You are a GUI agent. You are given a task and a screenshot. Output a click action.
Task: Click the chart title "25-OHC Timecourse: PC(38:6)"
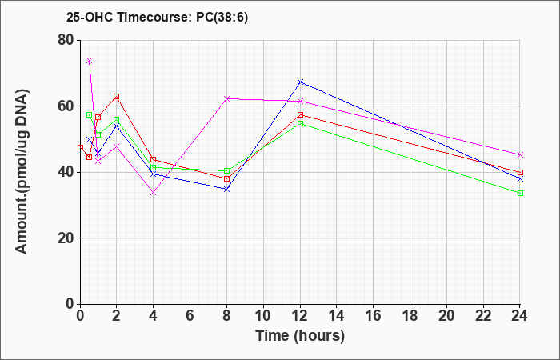tap(157, 17)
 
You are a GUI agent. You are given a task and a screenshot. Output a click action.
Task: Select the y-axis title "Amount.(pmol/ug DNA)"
tap(22, 172)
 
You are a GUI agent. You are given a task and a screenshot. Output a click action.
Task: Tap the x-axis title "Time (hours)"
tap(300, 336)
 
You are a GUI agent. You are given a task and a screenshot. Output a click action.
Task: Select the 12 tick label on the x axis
tap(300, 316)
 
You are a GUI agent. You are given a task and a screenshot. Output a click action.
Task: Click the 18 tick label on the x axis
tap(410, 316)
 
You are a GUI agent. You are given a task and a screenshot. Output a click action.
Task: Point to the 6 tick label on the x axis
tap(190, 316)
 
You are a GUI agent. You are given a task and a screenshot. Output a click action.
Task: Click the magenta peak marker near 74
tap(90, 60)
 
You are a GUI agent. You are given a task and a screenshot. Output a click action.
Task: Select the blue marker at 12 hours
tap(300, 82)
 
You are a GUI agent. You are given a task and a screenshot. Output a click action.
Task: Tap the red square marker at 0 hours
tap(80, 147)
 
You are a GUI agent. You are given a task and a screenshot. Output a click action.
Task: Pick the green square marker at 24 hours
tap(520, 194)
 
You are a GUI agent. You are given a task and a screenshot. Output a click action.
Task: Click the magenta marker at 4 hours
tap(154, 193)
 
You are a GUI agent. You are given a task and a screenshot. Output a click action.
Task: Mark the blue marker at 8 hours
tap(226, 189)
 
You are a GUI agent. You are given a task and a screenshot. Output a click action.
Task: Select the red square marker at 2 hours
tap(117, 97)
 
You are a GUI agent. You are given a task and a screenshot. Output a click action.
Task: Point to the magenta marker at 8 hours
tap(226, 98)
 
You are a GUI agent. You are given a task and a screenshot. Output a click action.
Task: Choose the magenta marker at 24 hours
tap(520, 154)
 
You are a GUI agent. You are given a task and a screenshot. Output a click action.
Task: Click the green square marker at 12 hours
tap(300, 123)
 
